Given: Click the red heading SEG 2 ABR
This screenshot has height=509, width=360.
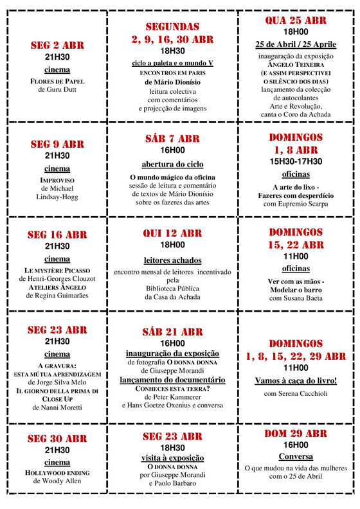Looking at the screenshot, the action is pos(57,46).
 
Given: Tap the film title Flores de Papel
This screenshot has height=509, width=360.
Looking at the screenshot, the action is pos(57,82).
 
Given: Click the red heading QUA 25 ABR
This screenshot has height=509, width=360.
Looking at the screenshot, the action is pos(296,21).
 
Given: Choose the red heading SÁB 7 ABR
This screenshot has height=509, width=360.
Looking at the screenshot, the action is pos(172,138).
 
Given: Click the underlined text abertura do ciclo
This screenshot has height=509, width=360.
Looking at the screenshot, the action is pos(172,165).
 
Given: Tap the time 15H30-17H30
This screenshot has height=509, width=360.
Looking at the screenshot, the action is pos(296,161).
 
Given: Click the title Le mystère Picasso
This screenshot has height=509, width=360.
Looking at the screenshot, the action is pos(57,271).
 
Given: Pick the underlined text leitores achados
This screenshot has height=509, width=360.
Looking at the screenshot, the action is pos(172,260).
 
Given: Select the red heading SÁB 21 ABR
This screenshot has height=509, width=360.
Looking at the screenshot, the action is pos(172,332).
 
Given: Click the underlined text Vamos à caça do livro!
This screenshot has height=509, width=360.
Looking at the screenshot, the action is pos(296,380).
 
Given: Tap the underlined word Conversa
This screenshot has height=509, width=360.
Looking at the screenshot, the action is pos(296,456).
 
